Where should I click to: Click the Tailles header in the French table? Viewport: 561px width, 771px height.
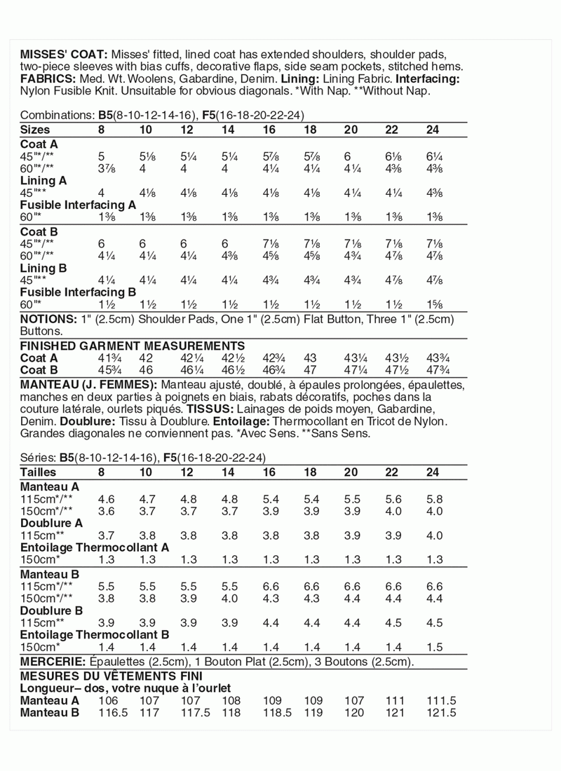[39, 472]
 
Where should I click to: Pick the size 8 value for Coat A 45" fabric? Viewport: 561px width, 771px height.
[102, 157]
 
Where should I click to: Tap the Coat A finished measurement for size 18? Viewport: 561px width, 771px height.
[311, 357]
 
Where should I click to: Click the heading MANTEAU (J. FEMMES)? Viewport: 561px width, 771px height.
[89, 385]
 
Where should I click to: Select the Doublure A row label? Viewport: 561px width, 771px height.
[52, 522]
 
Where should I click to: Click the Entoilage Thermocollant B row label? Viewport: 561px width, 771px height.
[95, 634]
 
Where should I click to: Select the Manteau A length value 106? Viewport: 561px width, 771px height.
[108, 700]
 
